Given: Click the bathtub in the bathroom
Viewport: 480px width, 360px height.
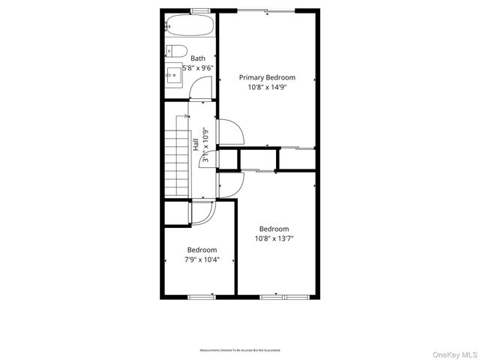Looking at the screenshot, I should (x=190, y=26).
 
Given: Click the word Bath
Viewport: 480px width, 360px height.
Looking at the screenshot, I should (x=198, y=58).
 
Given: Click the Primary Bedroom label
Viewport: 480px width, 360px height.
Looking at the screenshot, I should (x=267, y=77).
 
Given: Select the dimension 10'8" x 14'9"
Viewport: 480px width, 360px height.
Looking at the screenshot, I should (x=267, y=87).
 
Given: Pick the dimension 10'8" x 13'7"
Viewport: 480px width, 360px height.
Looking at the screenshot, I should (x=274, y=239).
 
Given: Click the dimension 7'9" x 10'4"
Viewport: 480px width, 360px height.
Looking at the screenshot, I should (x=202, y=259).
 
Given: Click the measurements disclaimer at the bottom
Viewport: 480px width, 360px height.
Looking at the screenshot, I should (x=240, y=350).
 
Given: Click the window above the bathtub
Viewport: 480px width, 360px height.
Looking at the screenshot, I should (x=199, y=10).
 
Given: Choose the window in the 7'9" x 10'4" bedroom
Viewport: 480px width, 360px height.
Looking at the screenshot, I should (x=201, y=297).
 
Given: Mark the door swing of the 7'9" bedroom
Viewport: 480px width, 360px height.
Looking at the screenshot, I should (x=202, y=214).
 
